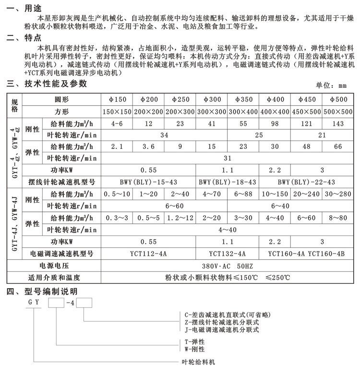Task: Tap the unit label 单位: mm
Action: click(331, 86)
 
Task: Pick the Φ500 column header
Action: click(337, 99)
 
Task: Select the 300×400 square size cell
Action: click(243, 111)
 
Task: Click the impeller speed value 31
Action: click(228, 158)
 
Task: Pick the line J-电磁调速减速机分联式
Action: click(221, 330)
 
